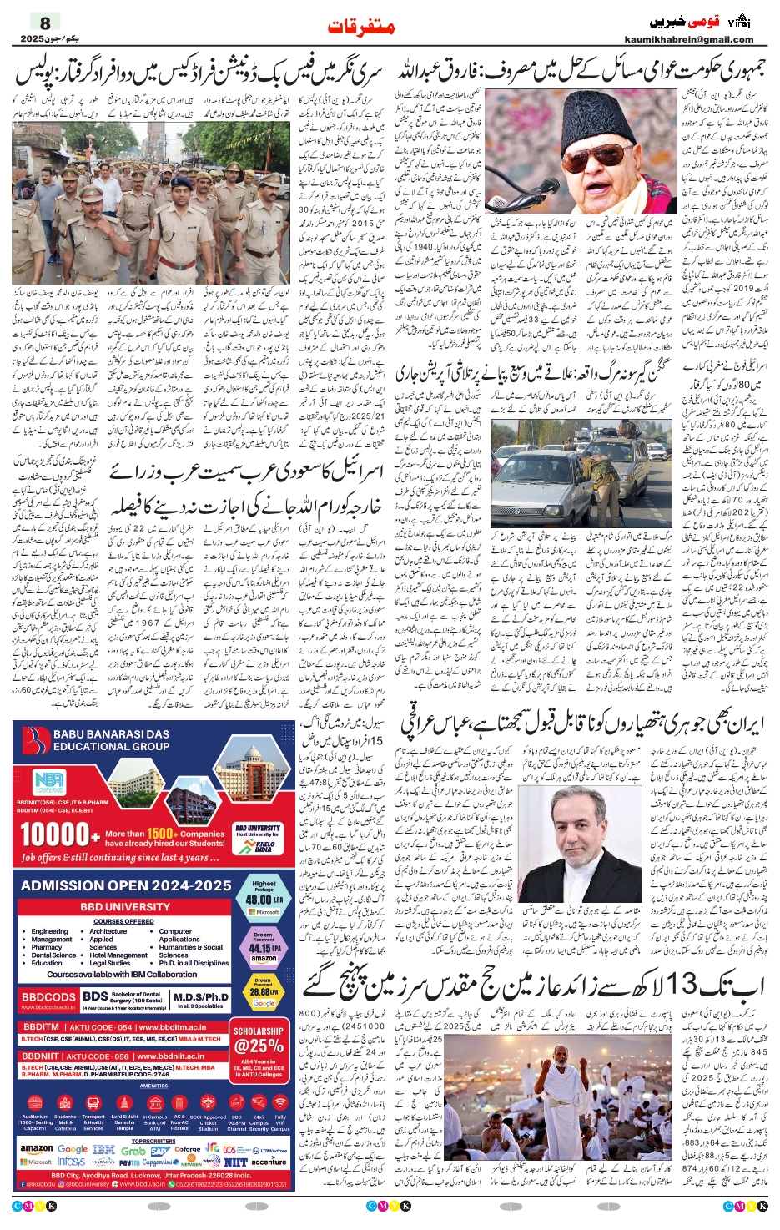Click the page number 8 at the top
click(45, 23)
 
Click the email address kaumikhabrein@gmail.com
click(688, 39)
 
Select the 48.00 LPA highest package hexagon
click(264, 897)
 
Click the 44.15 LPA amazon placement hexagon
click(264, 947)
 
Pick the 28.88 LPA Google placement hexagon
click(264, 993)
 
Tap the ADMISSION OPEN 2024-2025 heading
click(126, 885)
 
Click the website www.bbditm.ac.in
click(171, 1027)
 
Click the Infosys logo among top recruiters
click(71, 1162)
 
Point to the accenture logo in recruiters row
click(269, 1162)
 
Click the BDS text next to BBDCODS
click(95, 996)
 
